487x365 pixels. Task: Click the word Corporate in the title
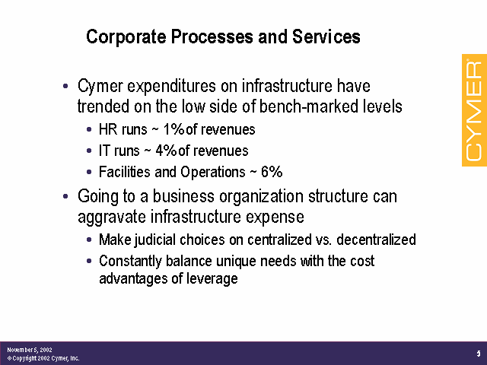(x=126, y=37)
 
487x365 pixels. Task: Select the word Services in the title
(x=326, y=36)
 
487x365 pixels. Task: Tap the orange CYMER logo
(x=474, y=110)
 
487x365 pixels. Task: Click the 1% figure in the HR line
(x=173, y=129)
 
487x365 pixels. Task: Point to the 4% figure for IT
(x=166, y=151)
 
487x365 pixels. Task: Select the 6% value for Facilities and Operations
(x=272, y=172)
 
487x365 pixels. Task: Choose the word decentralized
(x=376, y=240)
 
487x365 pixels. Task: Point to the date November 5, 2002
(x=30, y=350)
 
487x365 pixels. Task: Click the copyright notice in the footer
(x=43, y=358)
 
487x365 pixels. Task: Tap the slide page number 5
(x=479, y=354)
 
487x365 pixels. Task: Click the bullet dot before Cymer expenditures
(x=65, y=86)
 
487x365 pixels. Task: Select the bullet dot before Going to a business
(x=65, y=196)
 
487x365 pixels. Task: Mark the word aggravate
(x=112, y=217)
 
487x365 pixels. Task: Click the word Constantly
(x=130, y=262)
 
